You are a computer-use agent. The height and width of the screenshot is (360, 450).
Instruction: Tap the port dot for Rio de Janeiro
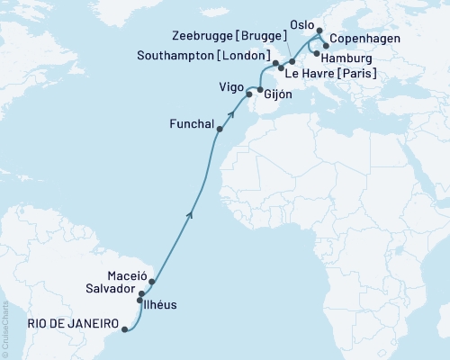point(124,329)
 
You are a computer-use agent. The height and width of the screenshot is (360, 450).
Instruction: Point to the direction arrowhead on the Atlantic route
point(189,214)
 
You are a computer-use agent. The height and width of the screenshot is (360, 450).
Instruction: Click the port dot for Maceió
point(153,282)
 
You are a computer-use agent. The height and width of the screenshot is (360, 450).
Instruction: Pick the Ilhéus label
point(160,305)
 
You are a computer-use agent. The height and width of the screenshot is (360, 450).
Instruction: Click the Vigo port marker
point(249,94)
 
